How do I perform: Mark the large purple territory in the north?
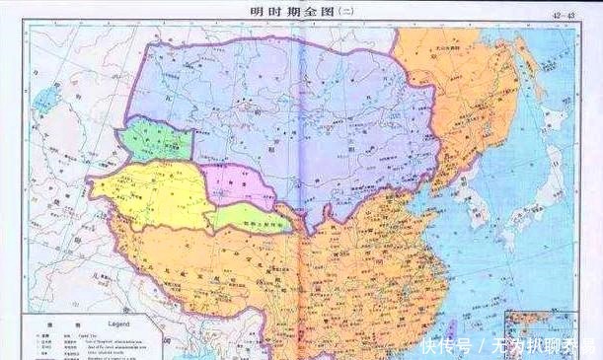tap(286, 108)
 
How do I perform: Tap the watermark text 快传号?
tap(444, 345)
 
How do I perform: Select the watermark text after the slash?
tap(539, 345)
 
